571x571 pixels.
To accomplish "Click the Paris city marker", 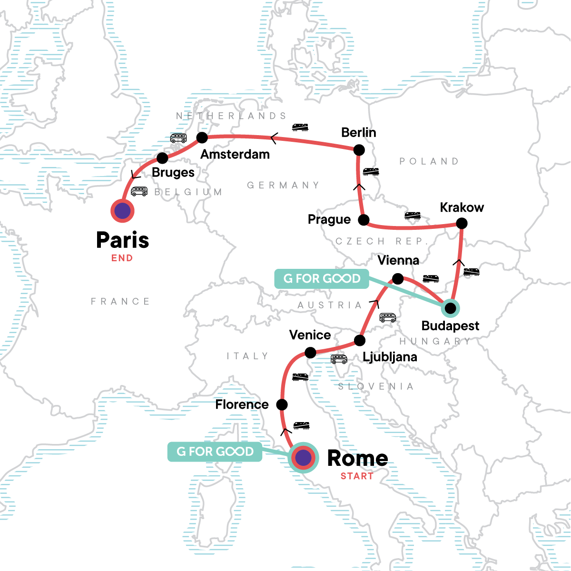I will click(x=122, y=211).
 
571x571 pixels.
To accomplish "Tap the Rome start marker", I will click(x=303, y=458).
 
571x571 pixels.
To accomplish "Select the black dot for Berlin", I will click(x=359, y=150).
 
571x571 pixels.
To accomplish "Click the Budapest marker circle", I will click(x=450, y=308).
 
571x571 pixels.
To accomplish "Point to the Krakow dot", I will click(x=462, y=223).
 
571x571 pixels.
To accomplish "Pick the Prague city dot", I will click(x=364, y=220).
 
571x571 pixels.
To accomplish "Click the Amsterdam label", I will click(x=235, y=154).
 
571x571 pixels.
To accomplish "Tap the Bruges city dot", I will click(x=162, y=158).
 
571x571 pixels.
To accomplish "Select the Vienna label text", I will click(x=398, y=260).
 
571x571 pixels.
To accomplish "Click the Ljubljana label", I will click(x=390, y=357).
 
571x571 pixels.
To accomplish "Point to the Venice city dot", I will click(x=310, y=353).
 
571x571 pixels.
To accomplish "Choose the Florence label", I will click(x=242, y=404).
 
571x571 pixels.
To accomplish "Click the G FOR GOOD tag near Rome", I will click(x=215, y=452).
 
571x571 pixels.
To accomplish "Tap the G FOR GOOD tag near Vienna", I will click(x=322, y=278).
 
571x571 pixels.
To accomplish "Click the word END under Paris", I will click(x=122, y=258).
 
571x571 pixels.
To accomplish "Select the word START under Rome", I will click(x=357, y=476).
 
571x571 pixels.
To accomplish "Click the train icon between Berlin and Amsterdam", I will click(x=300, y=127).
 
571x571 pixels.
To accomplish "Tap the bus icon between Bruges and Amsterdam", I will click(x=178, y=138).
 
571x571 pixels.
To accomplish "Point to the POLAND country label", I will click(x=429, y=161).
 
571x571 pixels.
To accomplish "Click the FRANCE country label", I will click(x=120, y=301).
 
